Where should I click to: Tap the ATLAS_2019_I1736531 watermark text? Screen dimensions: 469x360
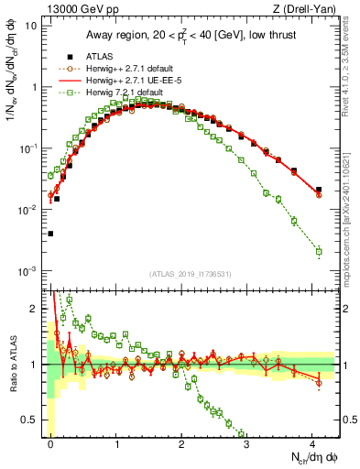click(x=191, y=274)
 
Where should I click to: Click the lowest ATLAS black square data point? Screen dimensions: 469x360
click(x=50, y=234)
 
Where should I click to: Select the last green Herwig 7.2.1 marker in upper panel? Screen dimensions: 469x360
click(x=318, y=251)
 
